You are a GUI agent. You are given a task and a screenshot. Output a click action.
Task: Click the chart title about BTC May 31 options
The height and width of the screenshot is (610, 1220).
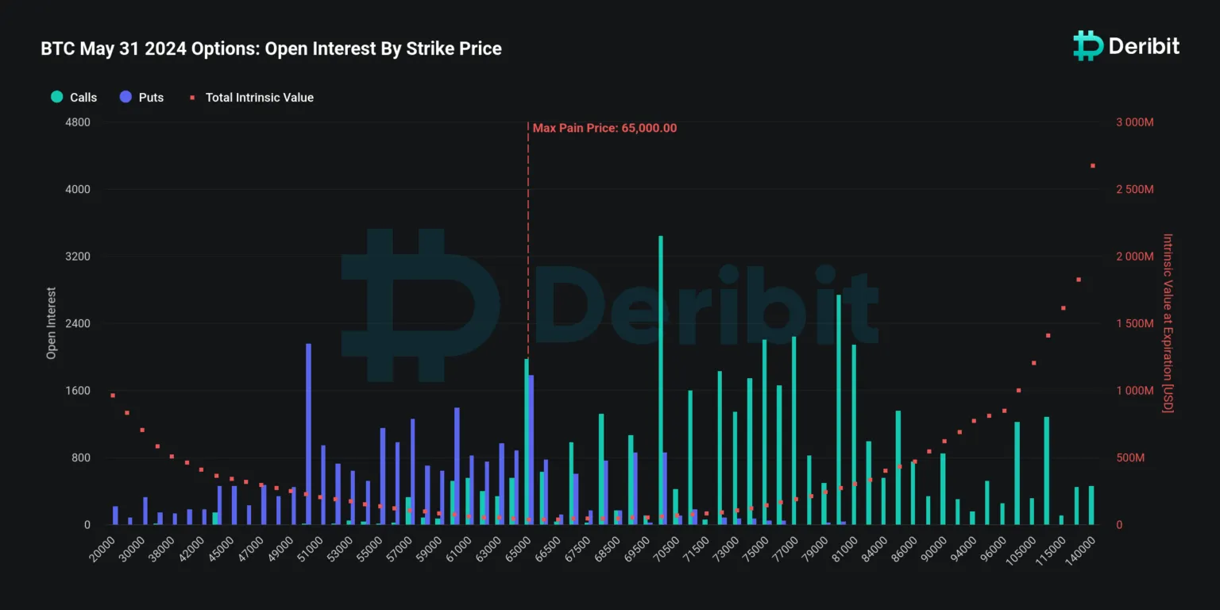271,48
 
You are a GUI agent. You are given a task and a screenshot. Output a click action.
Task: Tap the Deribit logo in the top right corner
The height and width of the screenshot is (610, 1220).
1125,46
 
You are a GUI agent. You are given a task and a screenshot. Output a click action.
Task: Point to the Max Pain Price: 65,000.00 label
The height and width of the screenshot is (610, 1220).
604,128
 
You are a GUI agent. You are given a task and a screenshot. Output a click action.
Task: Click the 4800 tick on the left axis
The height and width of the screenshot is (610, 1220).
77,122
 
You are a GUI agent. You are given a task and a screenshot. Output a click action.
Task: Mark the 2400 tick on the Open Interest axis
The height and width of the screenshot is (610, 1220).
77,324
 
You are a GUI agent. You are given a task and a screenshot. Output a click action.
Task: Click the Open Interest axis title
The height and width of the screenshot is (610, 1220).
52,323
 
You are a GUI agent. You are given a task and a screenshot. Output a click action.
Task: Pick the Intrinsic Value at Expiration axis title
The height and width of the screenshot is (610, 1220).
1168,323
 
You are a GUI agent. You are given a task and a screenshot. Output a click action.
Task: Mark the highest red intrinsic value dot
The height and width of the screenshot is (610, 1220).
1093,165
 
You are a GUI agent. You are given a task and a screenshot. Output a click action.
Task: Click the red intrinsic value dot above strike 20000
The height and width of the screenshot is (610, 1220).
113,395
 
